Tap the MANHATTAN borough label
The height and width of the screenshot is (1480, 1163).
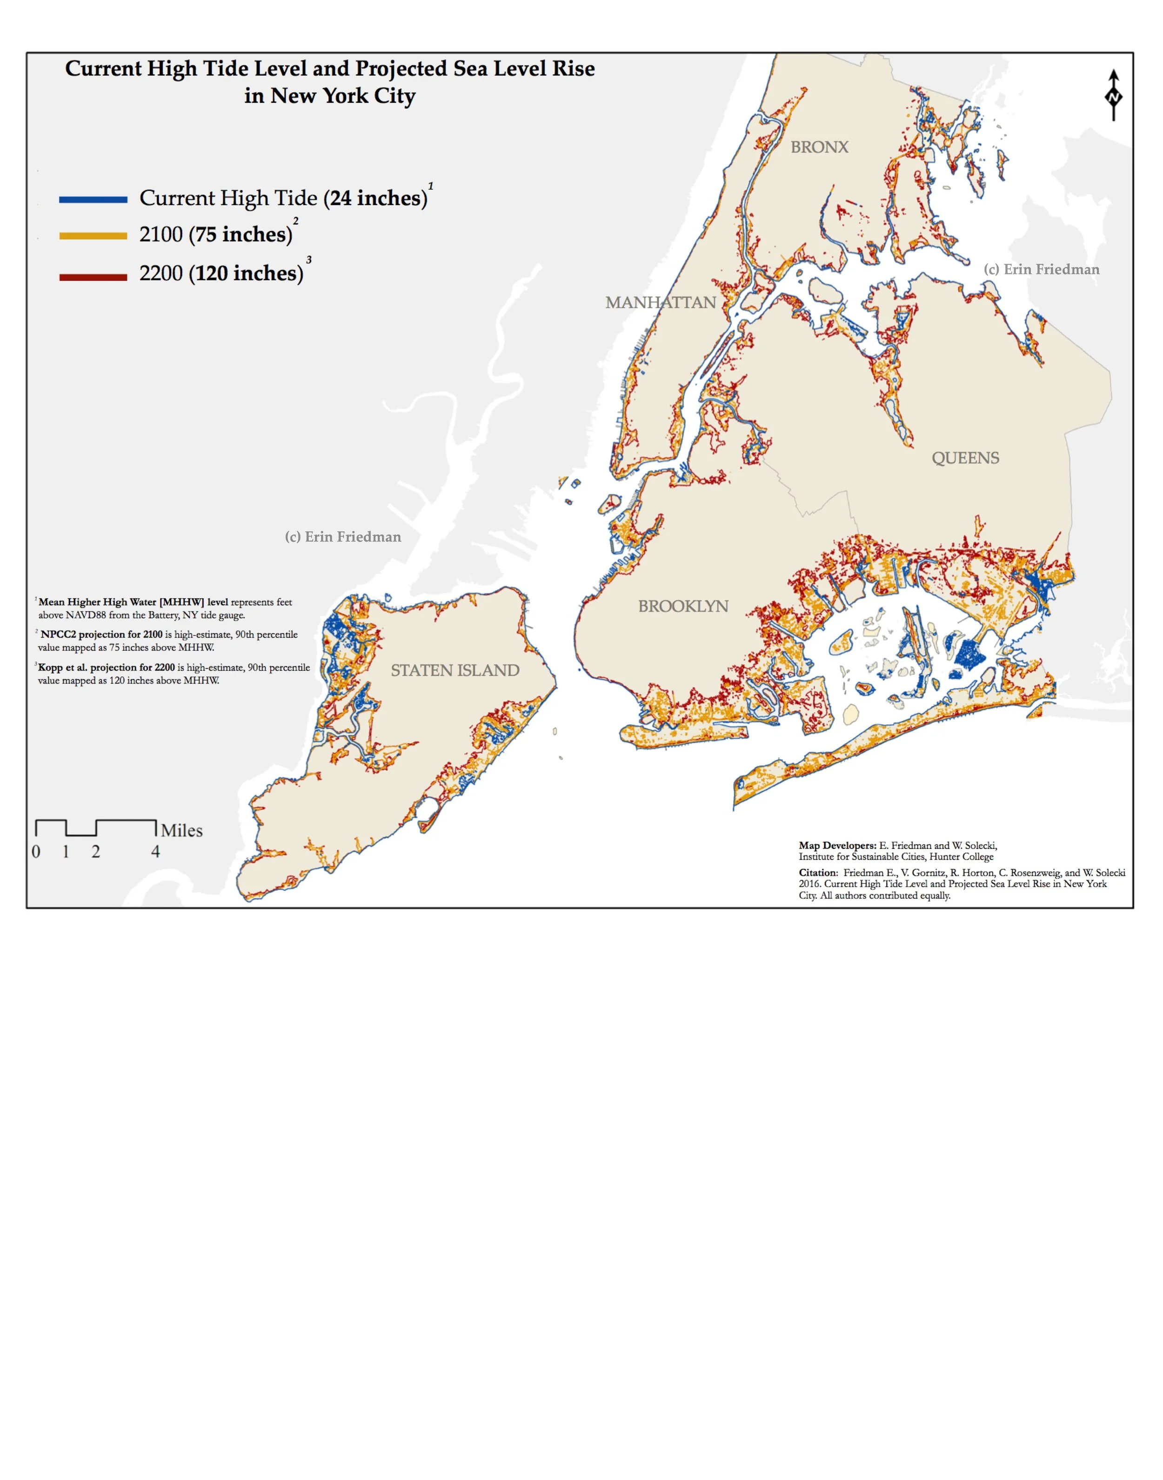tap(661, 302)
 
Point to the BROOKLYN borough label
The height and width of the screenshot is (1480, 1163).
tap(683, 606)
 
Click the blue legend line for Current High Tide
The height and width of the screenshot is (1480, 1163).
tap(94, 200)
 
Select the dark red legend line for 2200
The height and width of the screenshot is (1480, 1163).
tap(94, 277)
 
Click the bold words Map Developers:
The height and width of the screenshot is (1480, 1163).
tap(837, 846)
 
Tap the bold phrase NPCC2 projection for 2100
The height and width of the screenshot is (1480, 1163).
tap(101, 634)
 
